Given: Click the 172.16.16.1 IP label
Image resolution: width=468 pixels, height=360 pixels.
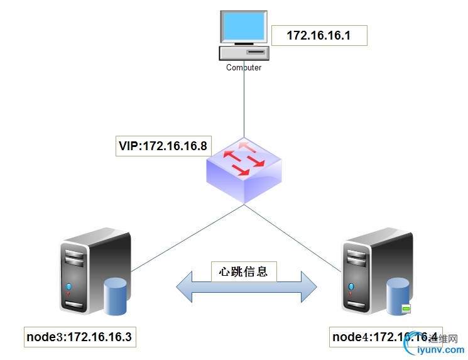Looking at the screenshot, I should pos(318,36).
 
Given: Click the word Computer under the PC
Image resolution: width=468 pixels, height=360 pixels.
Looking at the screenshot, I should pos(244,67).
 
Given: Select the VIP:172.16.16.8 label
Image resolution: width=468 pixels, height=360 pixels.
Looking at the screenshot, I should pos(163,147).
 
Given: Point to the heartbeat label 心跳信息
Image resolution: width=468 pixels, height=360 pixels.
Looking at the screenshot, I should pos(243,272).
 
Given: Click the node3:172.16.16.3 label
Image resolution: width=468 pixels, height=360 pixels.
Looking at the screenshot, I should pos(79,337).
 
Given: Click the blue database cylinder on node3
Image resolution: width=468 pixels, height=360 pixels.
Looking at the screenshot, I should pos(116,295).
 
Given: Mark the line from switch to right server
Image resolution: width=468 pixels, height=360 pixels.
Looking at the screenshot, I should pos(295,235).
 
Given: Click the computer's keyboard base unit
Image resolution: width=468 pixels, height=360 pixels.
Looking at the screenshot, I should pos(244,52).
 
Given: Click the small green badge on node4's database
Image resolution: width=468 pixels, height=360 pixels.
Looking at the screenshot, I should pos(406,309).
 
